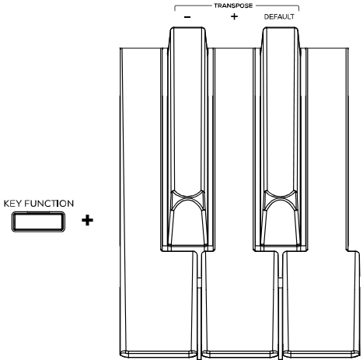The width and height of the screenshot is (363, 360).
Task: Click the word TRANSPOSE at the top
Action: click(x=233, y=5)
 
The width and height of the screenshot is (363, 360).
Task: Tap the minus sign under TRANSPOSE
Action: click(x=187, y=17)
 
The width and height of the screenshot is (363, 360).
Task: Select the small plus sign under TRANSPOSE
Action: click(x=234, y=16)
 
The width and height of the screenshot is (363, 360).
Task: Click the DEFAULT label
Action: click(x=279, y=17)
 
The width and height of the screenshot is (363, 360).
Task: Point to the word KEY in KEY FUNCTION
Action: click(x=13, y=204)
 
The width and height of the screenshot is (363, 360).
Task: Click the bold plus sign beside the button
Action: click(x=87, y=221)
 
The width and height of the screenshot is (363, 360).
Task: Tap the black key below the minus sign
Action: click(x=187, y=138)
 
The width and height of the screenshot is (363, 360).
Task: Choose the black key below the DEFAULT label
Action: click(x=281, y=138)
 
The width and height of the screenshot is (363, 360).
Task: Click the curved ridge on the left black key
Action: click(x=187, y=199)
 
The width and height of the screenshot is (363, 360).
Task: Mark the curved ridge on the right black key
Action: click(x=281, y=199)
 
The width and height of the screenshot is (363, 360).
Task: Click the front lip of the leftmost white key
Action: click(x=159, y=354)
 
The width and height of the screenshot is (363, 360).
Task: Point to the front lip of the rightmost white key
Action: click(x=322, y=354)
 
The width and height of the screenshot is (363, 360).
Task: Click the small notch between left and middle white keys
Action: click(x=199, y=282)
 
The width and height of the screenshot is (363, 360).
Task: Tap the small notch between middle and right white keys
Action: click(x=281, y=282)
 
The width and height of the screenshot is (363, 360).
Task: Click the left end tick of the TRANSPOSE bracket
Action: click(x=175, y=9)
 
